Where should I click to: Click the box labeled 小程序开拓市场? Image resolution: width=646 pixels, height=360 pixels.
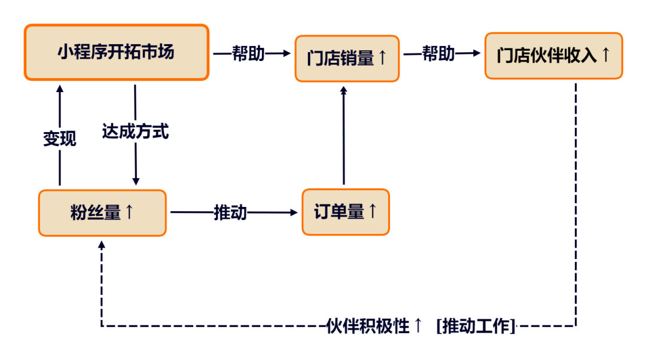(x=116, y=52)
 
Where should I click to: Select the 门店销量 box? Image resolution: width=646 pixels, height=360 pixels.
(x=346, y=58)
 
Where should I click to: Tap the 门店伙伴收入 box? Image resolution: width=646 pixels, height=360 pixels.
(x=553, y=56)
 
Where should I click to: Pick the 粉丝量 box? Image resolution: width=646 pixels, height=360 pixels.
(x=102, y=212)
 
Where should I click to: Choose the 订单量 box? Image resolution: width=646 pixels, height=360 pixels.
(x=346, y=212)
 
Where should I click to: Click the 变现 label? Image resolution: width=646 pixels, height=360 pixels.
(x=60, y=139)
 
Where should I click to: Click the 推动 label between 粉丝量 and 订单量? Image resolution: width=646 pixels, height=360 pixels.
(x=230, y=212)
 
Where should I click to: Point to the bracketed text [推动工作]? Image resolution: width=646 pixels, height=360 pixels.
(x=476, y=326)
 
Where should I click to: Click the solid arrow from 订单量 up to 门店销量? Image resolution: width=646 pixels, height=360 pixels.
(x=343, y=138)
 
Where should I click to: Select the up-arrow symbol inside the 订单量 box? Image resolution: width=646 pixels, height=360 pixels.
(x=372, y=211)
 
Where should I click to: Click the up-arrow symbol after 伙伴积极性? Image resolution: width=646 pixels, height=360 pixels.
(x=418, y=326)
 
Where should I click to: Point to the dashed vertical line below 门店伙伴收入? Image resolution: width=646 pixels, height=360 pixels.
(x=576, y=203)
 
